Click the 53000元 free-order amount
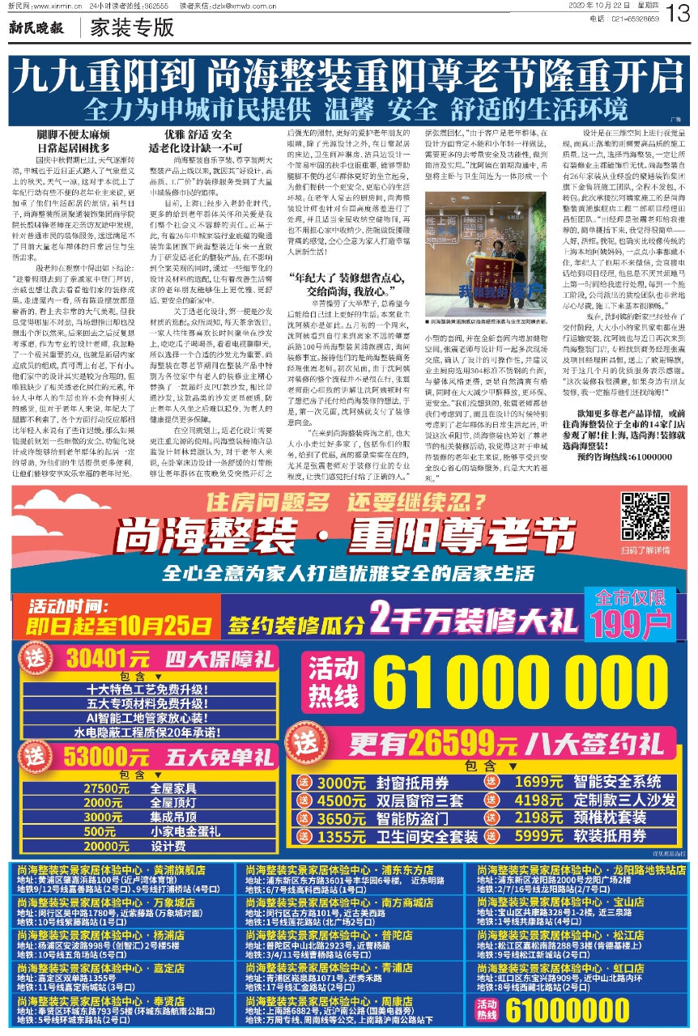click(101, 757)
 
